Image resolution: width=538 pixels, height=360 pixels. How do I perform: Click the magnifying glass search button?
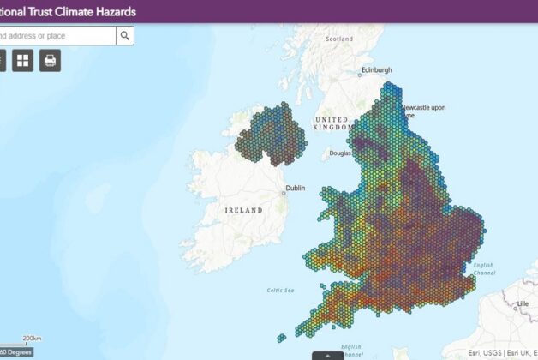click(x=125, y=35)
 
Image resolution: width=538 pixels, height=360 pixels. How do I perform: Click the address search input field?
click(x=56, y=35)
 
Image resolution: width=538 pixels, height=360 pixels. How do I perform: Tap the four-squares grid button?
click(x=22, y=60)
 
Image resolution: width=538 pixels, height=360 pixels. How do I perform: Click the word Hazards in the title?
click(x=111, y=11)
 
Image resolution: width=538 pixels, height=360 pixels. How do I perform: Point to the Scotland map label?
click(x=339, y=39)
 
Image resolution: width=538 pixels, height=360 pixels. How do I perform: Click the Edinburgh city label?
click(x=376, y=69)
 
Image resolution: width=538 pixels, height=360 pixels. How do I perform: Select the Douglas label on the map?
click(x=341, y=153)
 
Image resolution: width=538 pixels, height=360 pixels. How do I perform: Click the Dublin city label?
click(x=294, y=188)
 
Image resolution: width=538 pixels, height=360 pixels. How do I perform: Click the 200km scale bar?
click(x=26, y=340)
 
